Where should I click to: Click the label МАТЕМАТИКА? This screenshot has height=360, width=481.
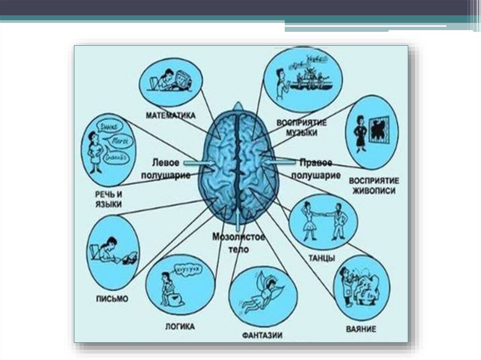coord(170,115)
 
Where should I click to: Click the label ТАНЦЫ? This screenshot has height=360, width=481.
coord(322,258)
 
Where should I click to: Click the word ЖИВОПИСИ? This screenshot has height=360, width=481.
coord(373,191)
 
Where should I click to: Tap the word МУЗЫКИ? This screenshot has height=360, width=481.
coord(301,133)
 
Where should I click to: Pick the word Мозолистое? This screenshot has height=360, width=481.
coord(239,237)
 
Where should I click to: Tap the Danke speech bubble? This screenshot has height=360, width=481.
coord(111,126)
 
